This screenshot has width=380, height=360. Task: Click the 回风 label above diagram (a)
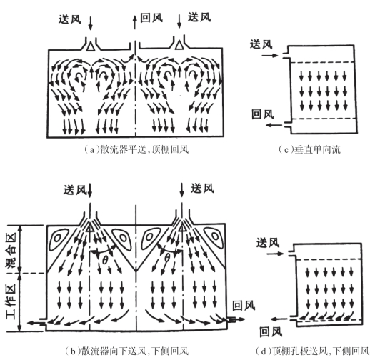click(x=151, y=18)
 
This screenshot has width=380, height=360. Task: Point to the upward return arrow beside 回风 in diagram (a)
click(x=134, y=21)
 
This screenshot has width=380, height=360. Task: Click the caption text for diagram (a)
click(x=136, y=149)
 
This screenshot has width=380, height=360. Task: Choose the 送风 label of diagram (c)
click(x=261, y=44)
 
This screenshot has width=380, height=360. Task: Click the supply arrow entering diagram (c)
click(x=270, y=56)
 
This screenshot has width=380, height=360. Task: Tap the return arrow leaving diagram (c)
click(x=274, y=125)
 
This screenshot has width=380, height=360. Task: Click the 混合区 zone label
click(x=11, y=250)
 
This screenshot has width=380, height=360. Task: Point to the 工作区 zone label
click(x=11, y=299)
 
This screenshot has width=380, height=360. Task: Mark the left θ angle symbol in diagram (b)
click(x=105, y=260)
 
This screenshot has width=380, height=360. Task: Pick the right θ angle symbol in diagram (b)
click(x=167, y=258)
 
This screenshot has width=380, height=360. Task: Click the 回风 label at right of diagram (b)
click(x=244, y=306)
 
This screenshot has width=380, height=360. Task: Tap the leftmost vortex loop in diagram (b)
click(x=58, y=239)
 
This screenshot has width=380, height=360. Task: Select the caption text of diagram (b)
click(x=126, y=351)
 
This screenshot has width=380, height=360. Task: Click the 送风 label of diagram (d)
click(x=268, y=243)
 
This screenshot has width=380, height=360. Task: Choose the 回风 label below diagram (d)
click(x=271, y=332)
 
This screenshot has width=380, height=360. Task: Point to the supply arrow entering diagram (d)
click(x=275, y=254)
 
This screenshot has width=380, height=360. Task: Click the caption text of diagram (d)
click(x=312, y=351)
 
